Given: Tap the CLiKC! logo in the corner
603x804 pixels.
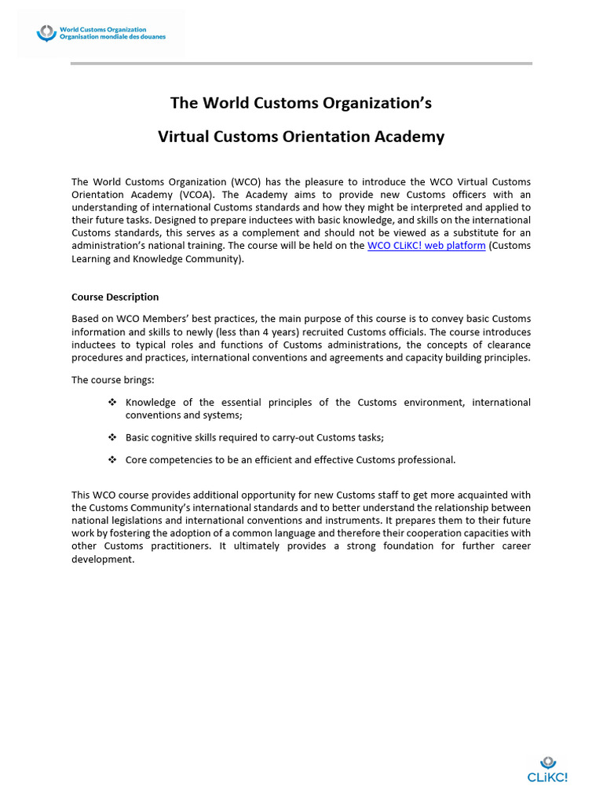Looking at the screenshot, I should click(547, 770).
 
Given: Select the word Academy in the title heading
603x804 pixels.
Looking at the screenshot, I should click(411, 137).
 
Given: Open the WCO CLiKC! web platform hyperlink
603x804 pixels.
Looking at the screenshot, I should click(426, 246).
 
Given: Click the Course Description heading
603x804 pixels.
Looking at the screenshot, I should click(115, 297).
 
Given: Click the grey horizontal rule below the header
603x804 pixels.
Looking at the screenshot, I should click(301, 64).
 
